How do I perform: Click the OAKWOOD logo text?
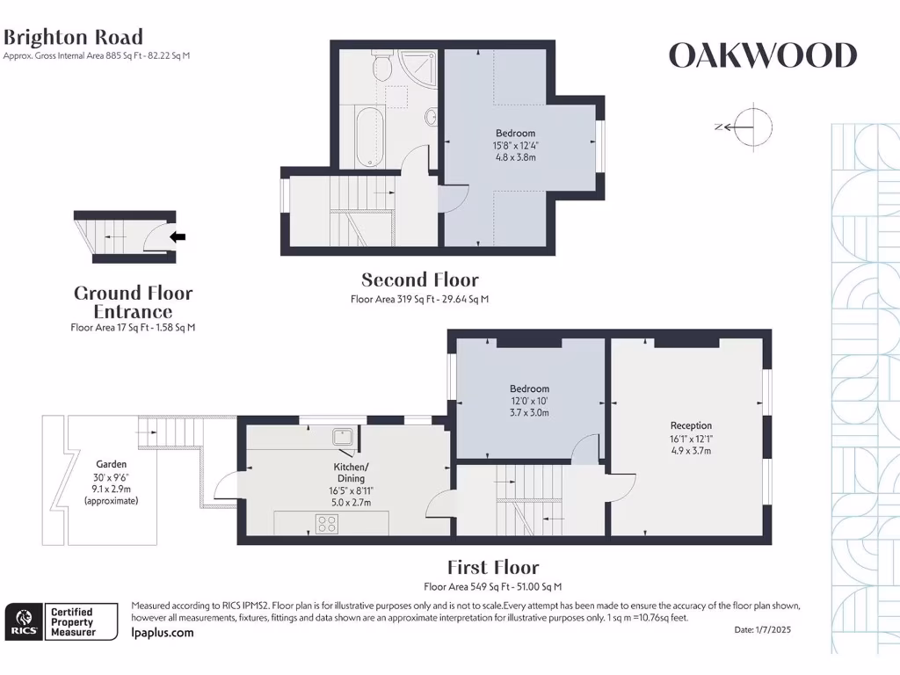tap(762, 56)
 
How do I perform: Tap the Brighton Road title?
tap(73, 37)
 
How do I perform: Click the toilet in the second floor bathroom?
tap(382, 62)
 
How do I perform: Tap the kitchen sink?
tap(342, 437)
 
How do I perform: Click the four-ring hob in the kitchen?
tap(327, 524)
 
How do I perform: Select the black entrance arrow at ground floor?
tap(178, 236)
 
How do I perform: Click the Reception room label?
tap(691, 425)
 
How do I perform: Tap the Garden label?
tap(112, 464)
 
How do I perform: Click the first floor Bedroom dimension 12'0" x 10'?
tap(529, 401)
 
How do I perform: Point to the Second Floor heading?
tap(420, 280)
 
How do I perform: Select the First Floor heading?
tap(492, 568)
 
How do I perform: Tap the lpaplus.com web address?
tap(162, 633)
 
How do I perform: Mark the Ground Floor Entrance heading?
tap(133, 302)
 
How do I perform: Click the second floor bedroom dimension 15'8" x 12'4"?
tap(515, 145)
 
